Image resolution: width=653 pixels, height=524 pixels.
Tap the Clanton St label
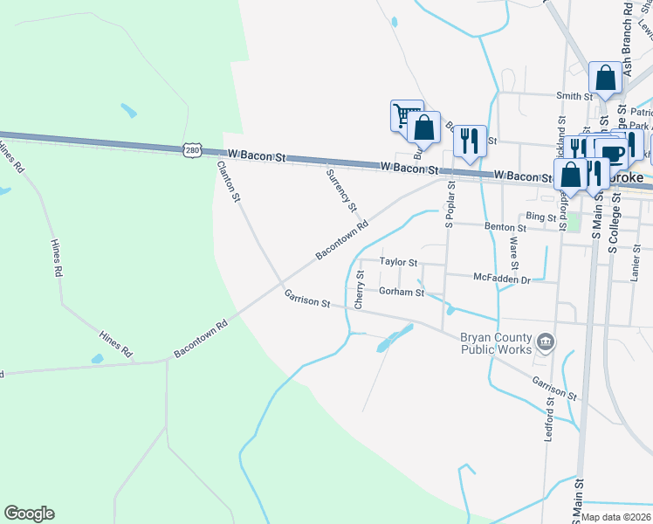pos(229,181)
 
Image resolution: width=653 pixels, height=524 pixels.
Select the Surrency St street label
pos(341,190)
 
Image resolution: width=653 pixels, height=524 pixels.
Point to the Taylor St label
pos(399,262)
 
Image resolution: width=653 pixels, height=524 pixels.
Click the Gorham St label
pos(402,292)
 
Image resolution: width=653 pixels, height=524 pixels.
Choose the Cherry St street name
pos(360,290)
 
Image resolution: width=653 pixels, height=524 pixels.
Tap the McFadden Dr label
pos(502,279)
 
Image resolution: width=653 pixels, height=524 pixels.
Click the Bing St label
pos(541,216)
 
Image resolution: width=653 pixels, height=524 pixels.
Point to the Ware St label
pos(513,253)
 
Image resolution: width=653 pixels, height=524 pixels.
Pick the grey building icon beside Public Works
pos(546,341)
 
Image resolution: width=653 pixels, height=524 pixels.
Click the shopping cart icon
pos(405,114)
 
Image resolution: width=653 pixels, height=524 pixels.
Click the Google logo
pos(30,514)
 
